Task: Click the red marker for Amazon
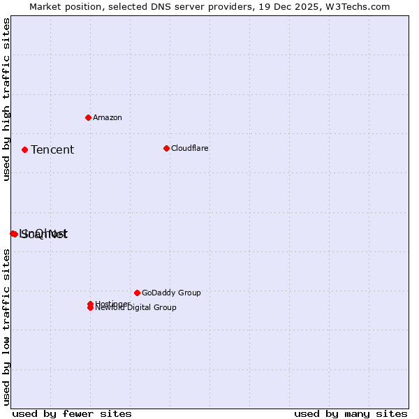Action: click(x=88, y=117)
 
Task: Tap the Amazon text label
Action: click(x=108, y=117)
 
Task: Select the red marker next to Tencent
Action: click(x=24, y=149)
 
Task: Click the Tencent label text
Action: click(x=52, y=149)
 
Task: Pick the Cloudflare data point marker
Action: click(x=166, y=148)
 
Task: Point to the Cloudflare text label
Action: click(x=190, y=148)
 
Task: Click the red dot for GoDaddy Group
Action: click(x=137, y=293)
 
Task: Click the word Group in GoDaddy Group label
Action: click(x=189, y=293)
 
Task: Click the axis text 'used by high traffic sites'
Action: click(x=7, y=99)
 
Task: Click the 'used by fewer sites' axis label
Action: click(x=72, y=413)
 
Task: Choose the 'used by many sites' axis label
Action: click(x=351, y=413)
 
